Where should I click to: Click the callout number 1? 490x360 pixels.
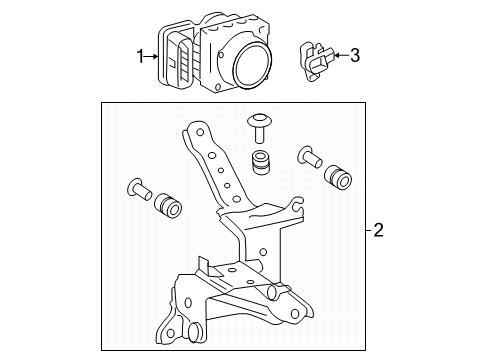coord(141,57)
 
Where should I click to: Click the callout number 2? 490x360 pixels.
coord(378,231)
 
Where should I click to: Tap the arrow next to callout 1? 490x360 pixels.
coord(153,57)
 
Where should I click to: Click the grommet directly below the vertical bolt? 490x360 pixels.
coord(262,161)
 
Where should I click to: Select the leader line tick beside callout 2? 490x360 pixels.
coord(365,231)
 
